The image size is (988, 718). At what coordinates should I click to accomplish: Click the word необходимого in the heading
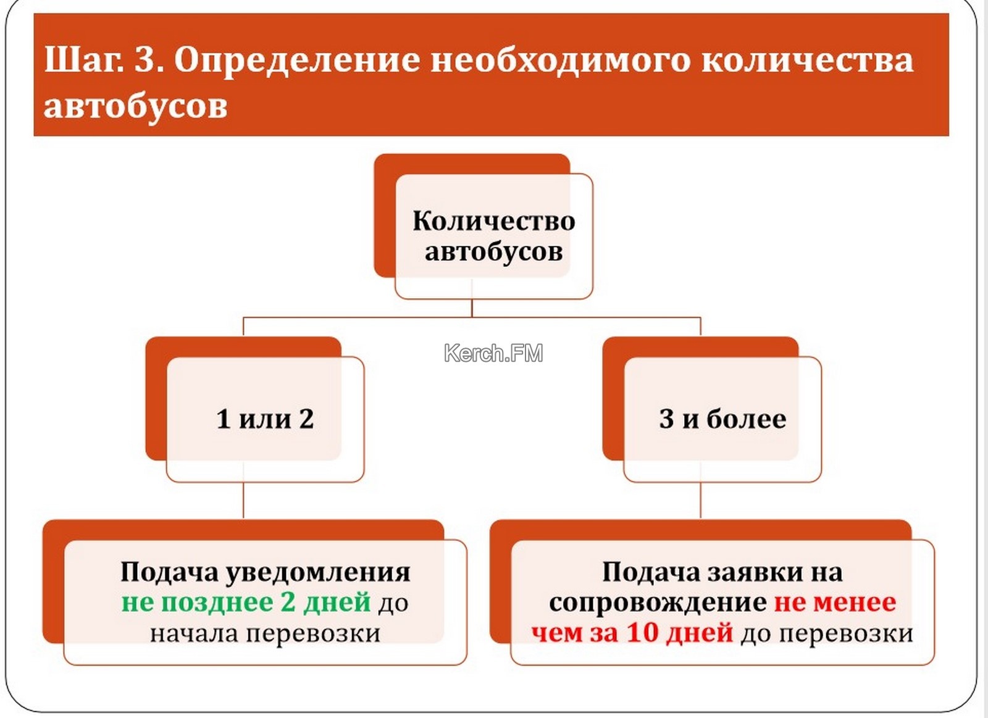coord(559,60)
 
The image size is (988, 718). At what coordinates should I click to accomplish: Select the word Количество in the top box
coord(493,220)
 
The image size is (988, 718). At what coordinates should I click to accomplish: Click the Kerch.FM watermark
coord(493,353)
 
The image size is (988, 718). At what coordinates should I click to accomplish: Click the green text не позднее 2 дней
coord(246,603)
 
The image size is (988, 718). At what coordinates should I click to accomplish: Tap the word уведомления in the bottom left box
coord(318,572)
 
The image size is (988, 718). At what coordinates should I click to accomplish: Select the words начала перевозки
coord(265,634)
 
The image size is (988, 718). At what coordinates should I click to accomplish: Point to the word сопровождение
coord(658,603)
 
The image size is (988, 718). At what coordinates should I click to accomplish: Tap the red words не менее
coord(835,603)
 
